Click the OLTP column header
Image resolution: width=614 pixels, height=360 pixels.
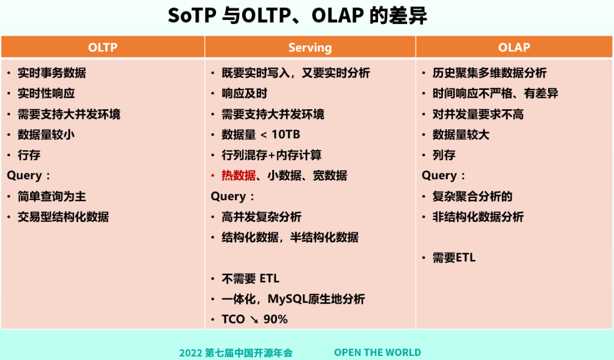[x=102, y=47]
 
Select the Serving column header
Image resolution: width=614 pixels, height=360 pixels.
[x=310, y=48]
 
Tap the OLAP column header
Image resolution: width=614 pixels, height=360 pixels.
[x=514, y=47]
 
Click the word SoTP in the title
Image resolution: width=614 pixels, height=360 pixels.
[x=192, y=16]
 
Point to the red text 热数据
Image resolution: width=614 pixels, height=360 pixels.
[x=238, y=176]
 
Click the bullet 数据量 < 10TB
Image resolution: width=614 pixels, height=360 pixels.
[x=261, y=135]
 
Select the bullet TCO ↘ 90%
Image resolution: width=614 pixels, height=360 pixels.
[x=255, y=319]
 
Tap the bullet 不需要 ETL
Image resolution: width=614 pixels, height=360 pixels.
[x=251, y=279]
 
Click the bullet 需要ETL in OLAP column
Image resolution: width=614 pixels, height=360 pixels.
[x=454, y=258]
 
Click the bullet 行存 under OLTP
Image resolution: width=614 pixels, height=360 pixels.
[x=29, y=155]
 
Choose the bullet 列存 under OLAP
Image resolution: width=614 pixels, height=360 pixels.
[x=443, y=155]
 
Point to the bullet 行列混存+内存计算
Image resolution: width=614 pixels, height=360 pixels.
[x=272, y=155]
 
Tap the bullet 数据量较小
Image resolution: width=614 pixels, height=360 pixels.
[x=46, y=135]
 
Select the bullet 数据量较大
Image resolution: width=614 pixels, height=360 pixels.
[x=461, y=135]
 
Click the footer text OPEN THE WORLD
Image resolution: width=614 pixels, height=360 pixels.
[x=377, y=353]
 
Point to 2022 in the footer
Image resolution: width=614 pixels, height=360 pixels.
[x=190, y=353]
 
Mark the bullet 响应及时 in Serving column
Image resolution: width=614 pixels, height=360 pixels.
[x=244, y=94]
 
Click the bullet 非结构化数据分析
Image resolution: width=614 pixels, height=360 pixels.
[x=478, y=217]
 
